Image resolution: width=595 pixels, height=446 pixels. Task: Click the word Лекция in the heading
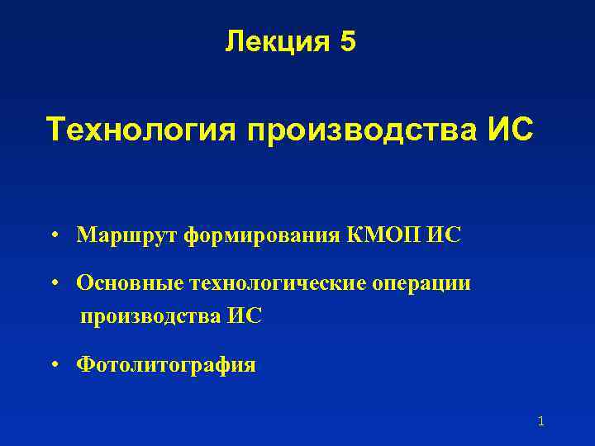click(275, 41)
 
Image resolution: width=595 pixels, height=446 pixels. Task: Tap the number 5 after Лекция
click(347, 41)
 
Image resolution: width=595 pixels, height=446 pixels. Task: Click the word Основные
click(130, 283)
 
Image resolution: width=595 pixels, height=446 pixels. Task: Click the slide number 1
click(540, 421)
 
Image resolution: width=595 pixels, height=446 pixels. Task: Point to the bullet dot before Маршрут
click(53, 236)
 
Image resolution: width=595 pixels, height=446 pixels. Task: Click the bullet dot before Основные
click(53, 284)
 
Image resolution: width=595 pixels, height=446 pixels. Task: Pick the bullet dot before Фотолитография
click(53, 364)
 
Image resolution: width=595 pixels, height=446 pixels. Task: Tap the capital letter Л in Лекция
click(234, 41)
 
